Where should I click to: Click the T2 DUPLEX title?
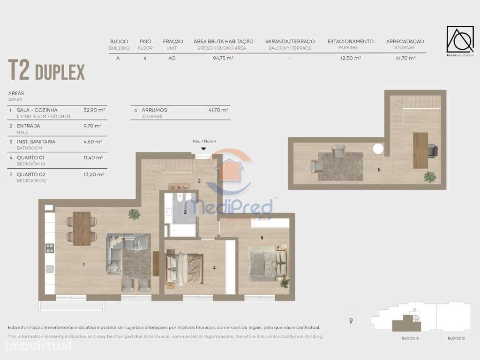46,71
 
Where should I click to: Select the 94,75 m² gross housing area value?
223,59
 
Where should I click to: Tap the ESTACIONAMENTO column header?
350,41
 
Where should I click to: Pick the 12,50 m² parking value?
350,59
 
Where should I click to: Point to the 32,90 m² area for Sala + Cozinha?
94,110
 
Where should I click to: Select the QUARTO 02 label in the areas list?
29,173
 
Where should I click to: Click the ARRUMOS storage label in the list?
154,110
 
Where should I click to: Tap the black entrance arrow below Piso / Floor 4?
203,149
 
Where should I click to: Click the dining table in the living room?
82,228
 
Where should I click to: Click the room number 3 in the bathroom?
185,212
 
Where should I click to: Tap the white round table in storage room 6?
378,149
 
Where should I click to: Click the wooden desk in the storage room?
420,150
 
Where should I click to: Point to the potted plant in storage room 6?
429,177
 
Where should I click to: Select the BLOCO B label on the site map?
456,338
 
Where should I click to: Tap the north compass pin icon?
350,321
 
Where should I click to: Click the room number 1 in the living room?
83,265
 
